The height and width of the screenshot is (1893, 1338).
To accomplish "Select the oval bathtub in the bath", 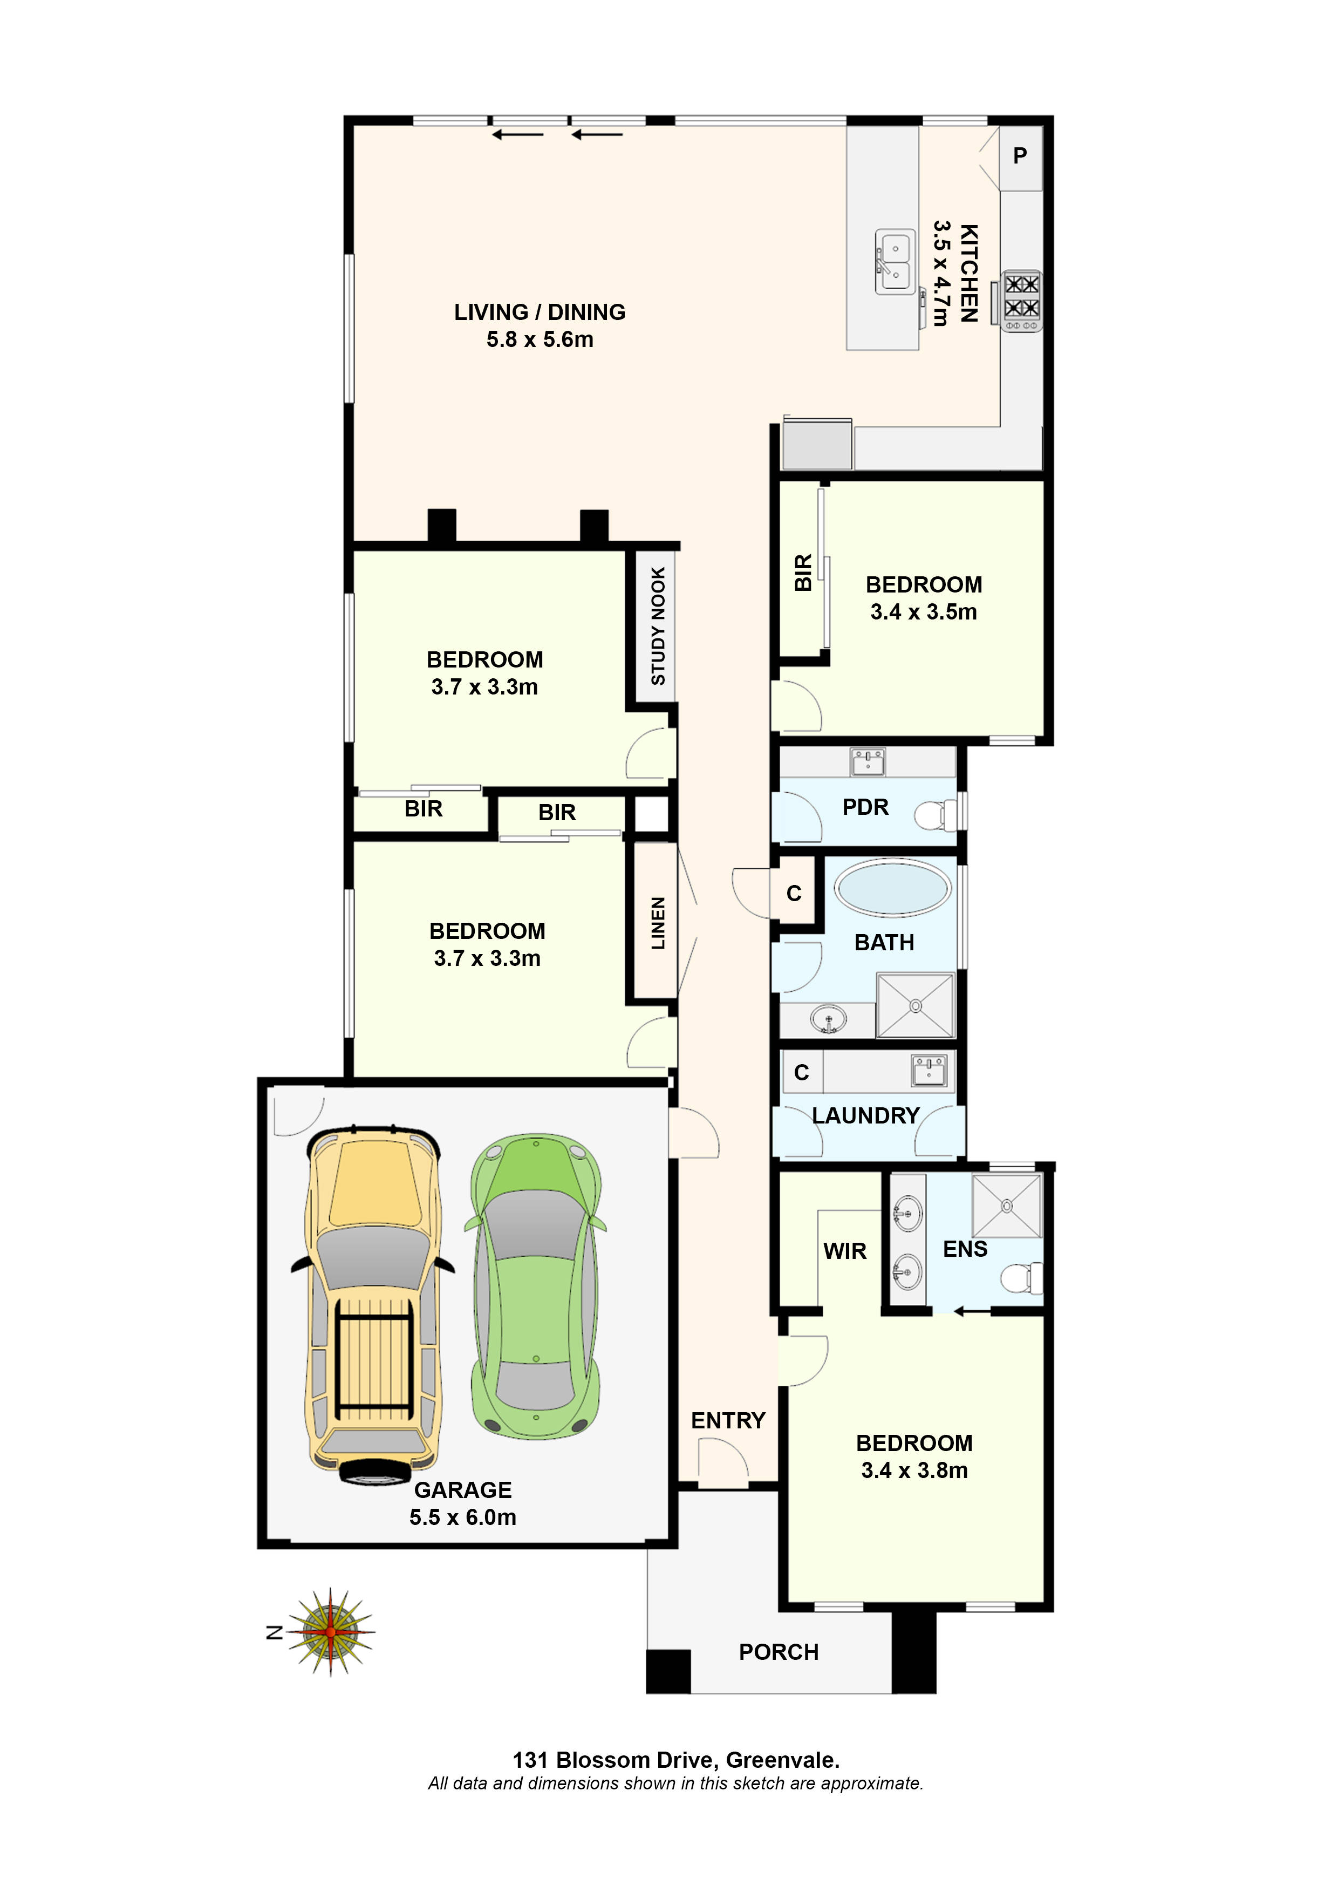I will pos(892,889).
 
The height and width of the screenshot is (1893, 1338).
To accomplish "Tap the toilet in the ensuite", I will pos(1021,1279).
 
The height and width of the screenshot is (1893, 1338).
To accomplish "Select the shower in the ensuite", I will pos(1007,1206).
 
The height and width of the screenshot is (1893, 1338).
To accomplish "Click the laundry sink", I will pos(929,1071).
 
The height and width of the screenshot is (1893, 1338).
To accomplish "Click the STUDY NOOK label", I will pos(658,626).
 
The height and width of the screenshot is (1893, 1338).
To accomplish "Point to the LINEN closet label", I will pos(658,923).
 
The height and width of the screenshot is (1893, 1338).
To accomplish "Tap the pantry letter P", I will pos(1020,156).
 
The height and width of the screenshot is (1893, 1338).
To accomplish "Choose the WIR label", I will pos(844,1251).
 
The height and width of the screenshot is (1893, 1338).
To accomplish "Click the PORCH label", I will pos(778,1652).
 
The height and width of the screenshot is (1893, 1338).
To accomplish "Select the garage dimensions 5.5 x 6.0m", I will pos(462,1517).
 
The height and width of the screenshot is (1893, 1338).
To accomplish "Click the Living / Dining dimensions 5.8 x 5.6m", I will pos(539,339).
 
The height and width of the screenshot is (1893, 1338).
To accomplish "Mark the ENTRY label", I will pos(728,1421).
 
